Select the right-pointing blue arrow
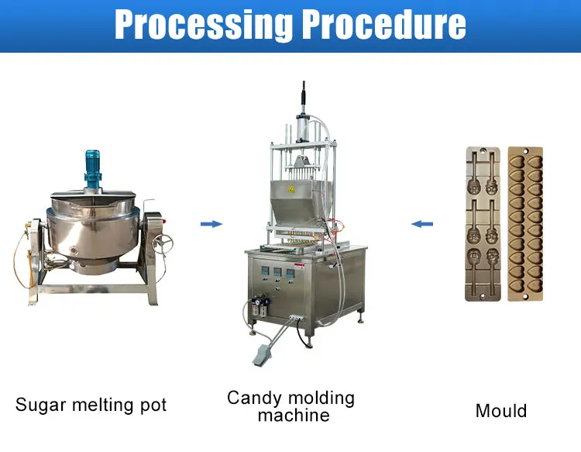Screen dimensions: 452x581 click(x=211, y=225)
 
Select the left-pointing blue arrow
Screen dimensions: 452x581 click(x=422, y=225)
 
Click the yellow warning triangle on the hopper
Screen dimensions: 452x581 click(x=292, y=188)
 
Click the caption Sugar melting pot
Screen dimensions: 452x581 click(x=91, y=405)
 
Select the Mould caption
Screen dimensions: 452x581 click(x=500, y=410)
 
